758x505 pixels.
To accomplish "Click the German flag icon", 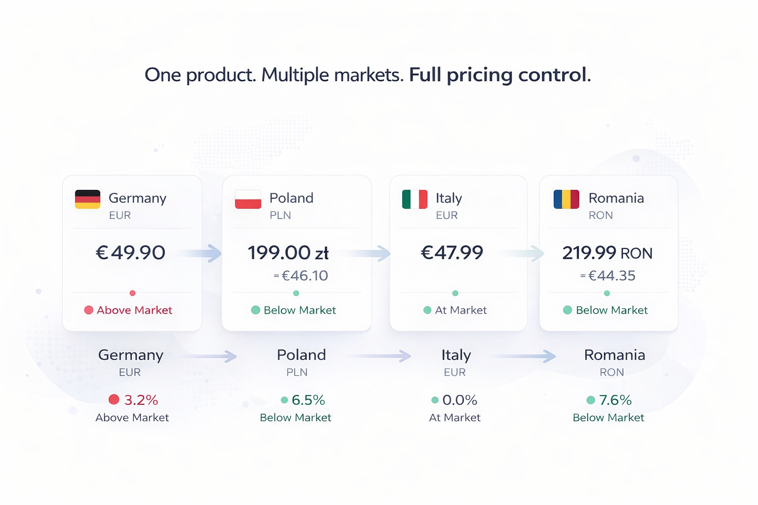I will (87, 199).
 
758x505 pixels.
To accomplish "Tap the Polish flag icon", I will (248, 199).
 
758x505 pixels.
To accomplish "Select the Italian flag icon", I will (415, 199).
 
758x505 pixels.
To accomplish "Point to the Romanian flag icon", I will (566, 199).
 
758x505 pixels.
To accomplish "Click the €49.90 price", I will (130, 252).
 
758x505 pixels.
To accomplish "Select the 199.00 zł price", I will (288, 253).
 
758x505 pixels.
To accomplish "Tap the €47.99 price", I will (452, 252).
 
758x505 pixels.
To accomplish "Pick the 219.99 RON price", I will (607, 253).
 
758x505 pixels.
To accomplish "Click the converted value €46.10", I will (304, 276).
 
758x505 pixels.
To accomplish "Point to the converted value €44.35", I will (611, 276).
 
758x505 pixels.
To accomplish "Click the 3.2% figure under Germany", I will (141, 400).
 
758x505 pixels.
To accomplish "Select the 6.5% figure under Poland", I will (308, 400).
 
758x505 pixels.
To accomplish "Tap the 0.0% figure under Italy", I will (460, 400).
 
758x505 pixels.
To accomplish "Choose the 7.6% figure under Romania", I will (615, 400).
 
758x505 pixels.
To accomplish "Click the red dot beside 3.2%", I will (114, 399).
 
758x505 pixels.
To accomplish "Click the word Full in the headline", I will (425, 75).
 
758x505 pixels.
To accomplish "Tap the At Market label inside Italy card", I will (460, 310).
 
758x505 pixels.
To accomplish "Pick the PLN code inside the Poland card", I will (280, 216).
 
